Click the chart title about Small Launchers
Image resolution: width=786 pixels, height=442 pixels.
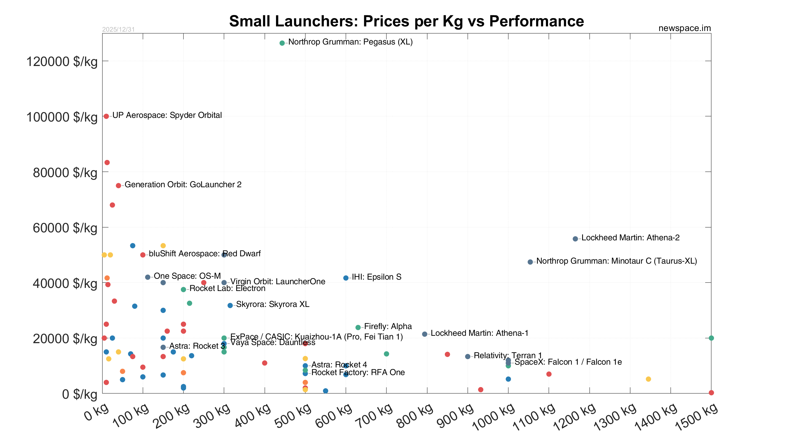[406, 21]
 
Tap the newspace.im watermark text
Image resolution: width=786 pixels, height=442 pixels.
[684, 28]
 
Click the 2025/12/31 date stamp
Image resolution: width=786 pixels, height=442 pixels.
[118, 29]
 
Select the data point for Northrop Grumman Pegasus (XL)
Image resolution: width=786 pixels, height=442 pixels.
[282, 43]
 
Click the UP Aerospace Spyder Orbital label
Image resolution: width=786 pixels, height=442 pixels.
[167, 115]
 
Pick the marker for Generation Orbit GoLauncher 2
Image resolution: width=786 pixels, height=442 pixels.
[118, 185]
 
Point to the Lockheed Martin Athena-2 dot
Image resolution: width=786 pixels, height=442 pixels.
[575, 238]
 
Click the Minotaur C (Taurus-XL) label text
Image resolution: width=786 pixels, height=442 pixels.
[617, 261]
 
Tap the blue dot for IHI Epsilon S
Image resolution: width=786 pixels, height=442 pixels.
[346, 278]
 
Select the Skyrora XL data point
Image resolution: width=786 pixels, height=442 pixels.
[230, 305]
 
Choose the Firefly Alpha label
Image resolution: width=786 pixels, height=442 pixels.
[388, 327]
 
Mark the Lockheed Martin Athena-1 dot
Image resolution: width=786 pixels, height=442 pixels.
[425, 334]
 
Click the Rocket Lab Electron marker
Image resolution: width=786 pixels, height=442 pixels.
[183, 289]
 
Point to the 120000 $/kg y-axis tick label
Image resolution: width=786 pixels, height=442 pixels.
[62, 62]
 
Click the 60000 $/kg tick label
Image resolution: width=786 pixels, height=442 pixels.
[65, 228]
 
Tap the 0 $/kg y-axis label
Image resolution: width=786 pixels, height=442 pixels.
[80, 394]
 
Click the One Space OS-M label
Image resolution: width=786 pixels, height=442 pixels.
[187, 276]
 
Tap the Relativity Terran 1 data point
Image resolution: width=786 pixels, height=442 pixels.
[468, 356]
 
